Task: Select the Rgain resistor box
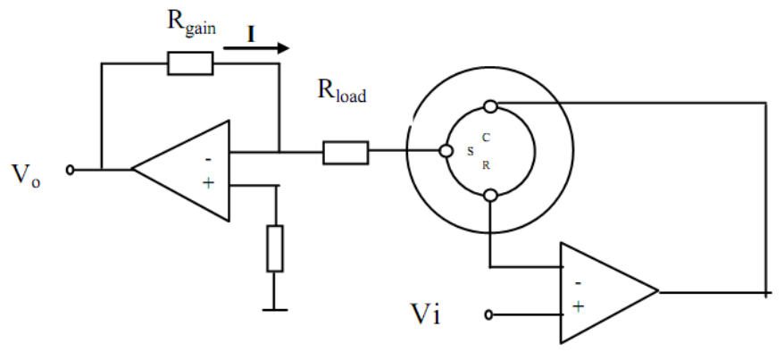tap(190, 63)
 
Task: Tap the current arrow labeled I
tap(256, 48)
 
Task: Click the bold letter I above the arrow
tap(251, 35)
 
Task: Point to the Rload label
tap(342, 90)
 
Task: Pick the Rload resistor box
tap(346, 153)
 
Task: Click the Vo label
tap(26, 174)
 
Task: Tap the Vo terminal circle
tap(70, 171)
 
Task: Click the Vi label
tap(425, 314)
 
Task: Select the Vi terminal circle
tap(489, 314)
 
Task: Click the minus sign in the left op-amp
tap(208, 160)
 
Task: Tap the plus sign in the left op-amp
tap(208, 183)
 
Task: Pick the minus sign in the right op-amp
tap(578, 283)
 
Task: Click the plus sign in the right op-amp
tap(578, 306)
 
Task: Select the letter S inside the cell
tap(471, 152)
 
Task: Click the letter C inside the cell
tap(486, 138)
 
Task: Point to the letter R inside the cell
tap(486, 165)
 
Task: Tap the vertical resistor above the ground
tap(275, 248)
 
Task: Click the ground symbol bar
tap(274, 310)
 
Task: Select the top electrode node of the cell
tap(491, 106)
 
